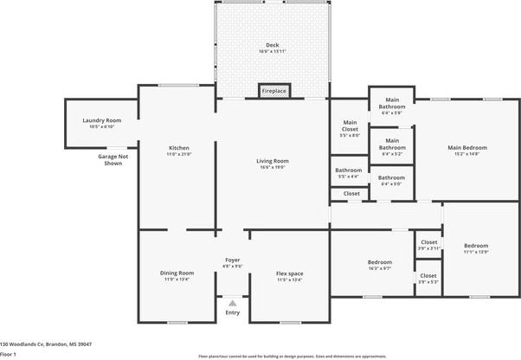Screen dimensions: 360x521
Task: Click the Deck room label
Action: click(x=272, y=45)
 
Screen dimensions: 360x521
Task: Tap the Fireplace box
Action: click(x=273, y=90)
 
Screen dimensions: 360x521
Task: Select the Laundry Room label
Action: click(x=102, y=120)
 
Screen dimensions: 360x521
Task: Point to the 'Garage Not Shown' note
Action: click(x=113, y=159)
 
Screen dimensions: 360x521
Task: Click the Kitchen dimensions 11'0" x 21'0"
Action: click(x=179, y=154)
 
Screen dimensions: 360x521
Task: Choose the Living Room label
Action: click(x=272, y=161)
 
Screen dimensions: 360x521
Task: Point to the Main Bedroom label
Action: click(x=467, y=147)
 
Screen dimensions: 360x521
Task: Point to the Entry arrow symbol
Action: click(x=232, y=303)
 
